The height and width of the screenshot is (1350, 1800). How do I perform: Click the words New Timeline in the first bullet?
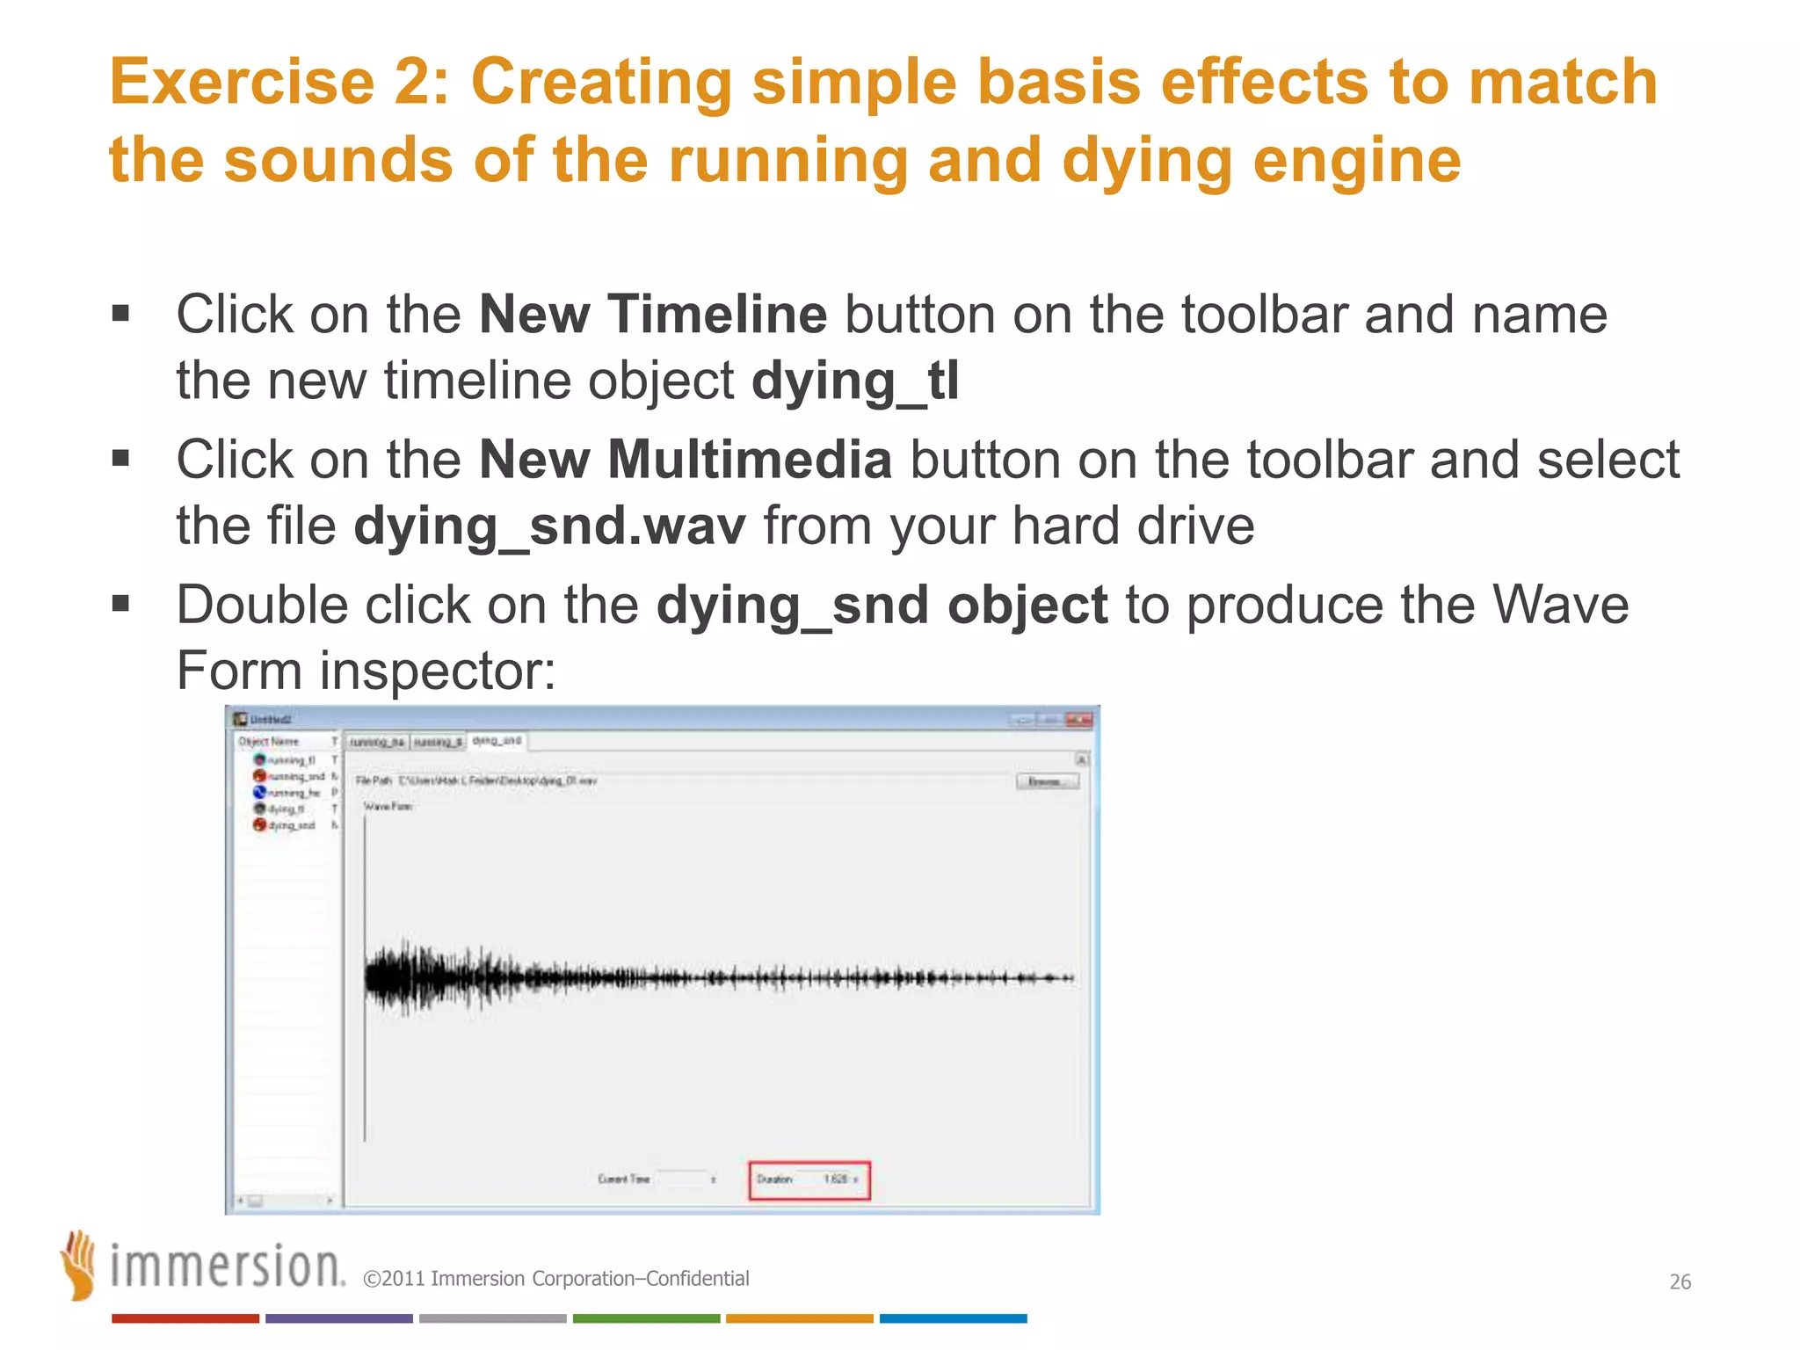pyautogui.click(x=652, y=314)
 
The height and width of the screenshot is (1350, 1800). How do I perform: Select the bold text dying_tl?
pyautogui.click(x=854, y=381)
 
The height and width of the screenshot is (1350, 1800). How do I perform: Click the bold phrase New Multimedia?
pyautogui.click(x=685, y=460)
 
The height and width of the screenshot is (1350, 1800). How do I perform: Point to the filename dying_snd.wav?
pyautogui.click(x=549, y=526)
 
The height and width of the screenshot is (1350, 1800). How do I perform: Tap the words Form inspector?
pyautogui.click(x=365, y=671)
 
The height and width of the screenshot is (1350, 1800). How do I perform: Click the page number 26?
pyautogui.click(x=1680, y=1282)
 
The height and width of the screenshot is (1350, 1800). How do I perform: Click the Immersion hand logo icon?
pyautogui.click(x=78, y=1265)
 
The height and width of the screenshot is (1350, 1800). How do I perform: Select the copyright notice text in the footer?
pyautogui.click(x=555, y=1279)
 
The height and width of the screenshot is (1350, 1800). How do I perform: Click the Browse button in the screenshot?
pyautogui.click(x=1047, y=781)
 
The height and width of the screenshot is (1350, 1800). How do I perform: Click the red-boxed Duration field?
pyautogui.click(x=809, y=1179)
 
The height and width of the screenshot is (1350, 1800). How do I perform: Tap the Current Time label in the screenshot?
pyautogui.click(x=623, y=1179)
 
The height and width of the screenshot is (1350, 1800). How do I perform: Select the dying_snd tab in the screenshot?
pyautogui.click(x=497, y=741)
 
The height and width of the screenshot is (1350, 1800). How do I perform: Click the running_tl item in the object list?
pyautogui.click(x=286, y=760)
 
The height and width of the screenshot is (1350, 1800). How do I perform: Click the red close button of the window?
pyautogui.click(x=1078, y=720)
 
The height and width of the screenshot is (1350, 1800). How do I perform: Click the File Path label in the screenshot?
pyautogui.click(x=374, y=780)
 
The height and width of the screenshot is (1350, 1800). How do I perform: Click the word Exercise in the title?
pyautogui.click(x=242, y=82)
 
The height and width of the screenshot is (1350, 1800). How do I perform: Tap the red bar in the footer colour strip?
pyautogui.click(x=185, y=1318)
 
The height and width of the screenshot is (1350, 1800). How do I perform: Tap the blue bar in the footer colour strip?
pyautogui.click(x=953, y=1318)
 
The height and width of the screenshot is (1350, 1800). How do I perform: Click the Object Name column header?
pyautogui.click(x=269, y=742)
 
